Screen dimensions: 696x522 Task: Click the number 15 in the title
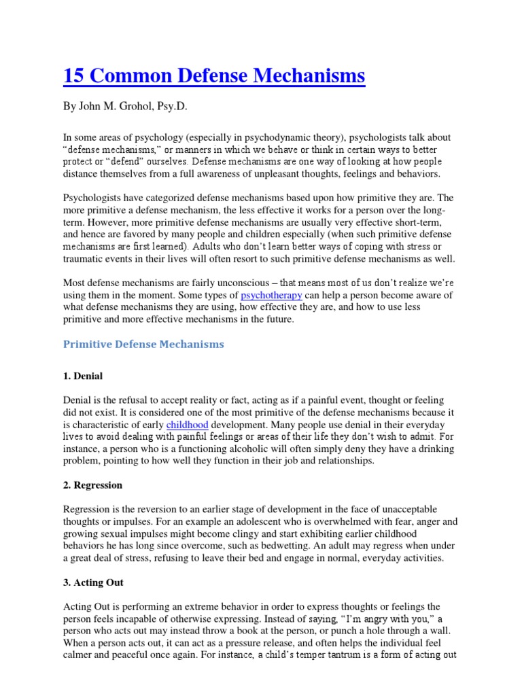(x=73, y=76)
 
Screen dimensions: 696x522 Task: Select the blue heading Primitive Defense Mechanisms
(x=143, y=344)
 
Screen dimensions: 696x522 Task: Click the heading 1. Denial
(x=83, y=376)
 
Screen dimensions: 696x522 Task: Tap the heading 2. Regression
(x=92, y=486)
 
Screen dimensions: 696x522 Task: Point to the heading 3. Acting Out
(x=93, y=583)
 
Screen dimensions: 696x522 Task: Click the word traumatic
(x=88, y=260)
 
